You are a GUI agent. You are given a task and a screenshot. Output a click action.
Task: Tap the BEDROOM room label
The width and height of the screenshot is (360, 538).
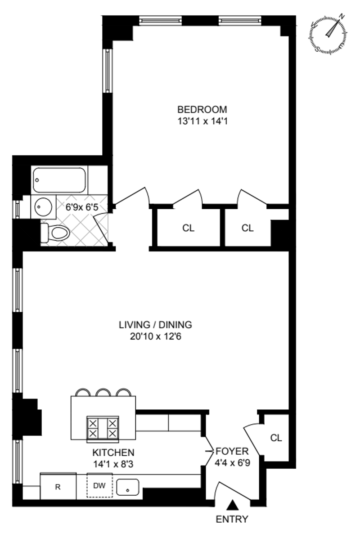click(202, 109)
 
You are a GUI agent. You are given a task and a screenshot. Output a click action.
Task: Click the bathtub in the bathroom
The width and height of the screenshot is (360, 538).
click(59, 180)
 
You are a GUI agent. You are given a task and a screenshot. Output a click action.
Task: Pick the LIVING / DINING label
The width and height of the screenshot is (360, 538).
click(155, 324)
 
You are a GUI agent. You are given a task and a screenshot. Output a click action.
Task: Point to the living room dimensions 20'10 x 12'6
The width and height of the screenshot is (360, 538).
click(155, 336)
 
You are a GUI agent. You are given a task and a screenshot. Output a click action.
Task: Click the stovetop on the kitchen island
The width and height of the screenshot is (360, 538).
click(102, 428)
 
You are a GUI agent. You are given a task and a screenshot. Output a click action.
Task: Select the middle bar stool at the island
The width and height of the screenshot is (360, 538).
click(104, 392)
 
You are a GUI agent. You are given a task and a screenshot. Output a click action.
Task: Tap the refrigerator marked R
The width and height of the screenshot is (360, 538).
click(58, 487)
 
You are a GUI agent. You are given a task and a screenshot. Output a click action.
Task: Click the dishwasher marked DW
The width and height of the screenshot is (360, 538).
click(99, 485)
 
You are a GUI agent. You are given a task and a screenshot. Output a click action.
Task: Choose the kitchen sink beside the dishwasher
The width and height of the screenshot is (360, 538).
click(128, 486)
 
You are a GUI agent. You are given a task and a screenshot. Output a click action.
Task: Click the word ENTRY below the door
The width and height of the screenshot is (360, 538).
click(232, 520)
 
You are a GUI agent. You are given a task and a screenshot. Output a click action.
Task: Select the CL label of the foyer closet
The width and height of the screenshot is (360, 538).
click(276, 438)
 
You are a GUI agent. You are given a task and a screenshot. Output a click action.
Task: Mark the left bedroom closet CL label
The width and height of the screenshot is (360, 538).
click(189, 228)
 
